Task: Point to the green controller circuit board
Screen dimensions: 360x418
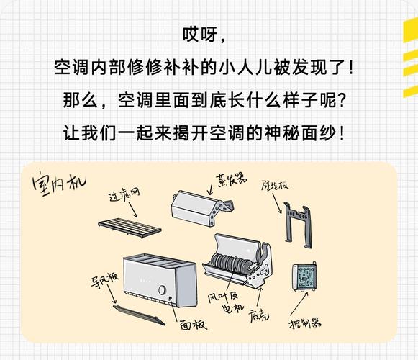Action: (x=304, y=277)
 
